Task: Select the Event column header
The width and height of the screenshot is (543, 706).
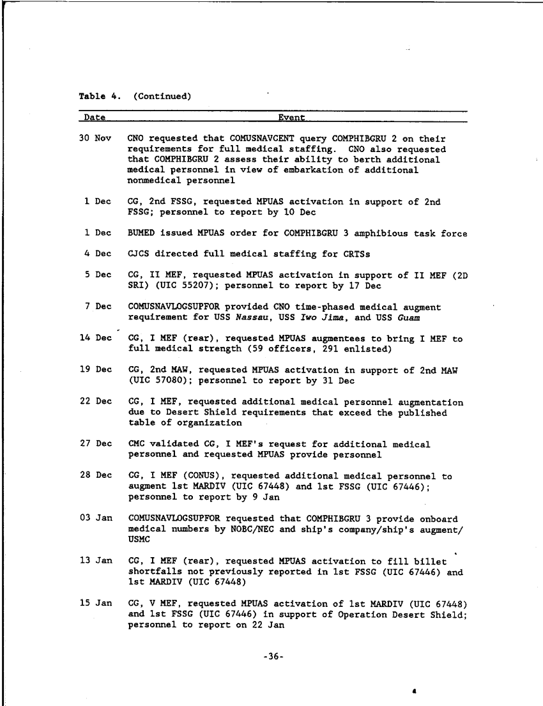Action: [x=291, y=118]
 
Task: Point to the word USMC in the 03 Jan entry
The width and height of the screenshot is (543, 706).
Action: [x=139, y=540]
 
